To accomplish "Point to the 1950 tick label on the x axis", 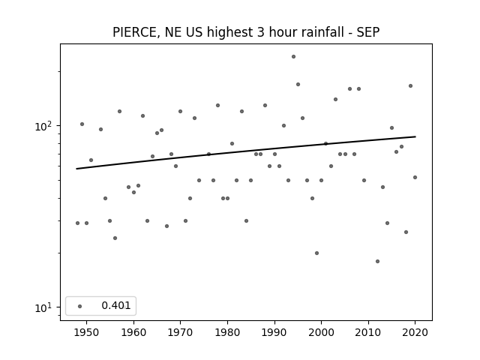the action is click(x=86, y=332).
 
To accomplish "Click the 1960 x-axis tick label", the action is click(x=133, y=332).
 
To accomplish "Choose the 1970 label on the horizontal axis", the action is click(x=180, y=332).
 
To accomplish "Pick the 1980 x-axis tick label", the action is click(x=227, y=332).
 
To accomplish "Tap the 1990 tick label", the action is click(x=274, y=332).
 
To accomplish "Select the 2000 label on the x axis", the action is click(x=322, y=332).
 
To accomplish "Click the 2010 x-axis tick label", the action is click(x=368, y=332).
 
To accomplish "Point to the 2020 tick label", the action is click(x=415, y=332).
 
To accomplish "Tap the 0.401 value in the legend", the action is click(x=116, y=305).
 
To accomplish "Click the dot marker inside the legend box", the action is click(x=80, y=306).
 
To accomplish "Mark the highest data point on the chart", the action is click(x=293, y=57).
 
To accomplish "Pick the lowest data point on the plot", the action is click(x=377, y=262).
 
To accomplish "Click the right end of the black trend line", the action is click(x=415, y=136).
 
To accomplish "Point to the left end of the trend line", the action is click(x=76, y=169).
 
